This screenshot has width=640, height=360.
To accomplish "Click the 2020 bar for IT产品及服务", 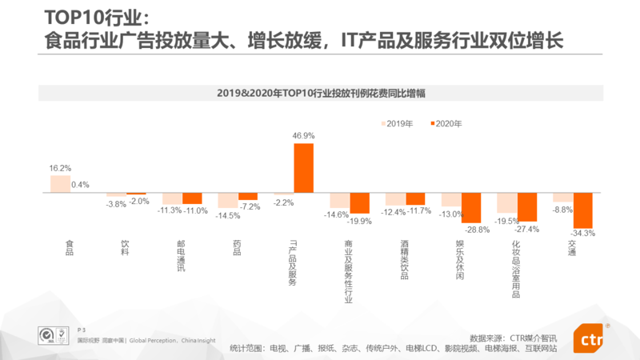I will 304,168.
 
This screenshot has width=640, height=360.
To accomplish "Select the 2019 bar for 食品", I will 60,184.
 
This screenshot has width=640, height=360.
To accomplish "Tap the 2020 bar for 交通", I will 582,211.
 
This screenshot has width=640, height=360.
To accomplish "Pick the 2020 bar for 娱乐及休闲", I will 471,208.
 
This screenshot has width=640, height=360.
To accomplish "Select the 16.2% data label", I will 60,169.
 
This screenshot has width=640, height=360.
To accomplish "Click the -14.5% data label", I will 228,215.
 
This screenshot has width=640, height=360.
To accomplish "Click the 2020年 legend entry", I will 446,124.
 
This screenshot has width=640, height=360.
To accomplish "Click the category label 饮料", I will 125,248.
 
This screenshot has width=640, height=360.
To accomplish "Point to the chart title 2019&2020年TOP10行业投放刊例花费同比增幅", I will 320,93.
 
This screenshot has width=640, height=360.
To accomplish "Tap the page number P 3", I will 82,330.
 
